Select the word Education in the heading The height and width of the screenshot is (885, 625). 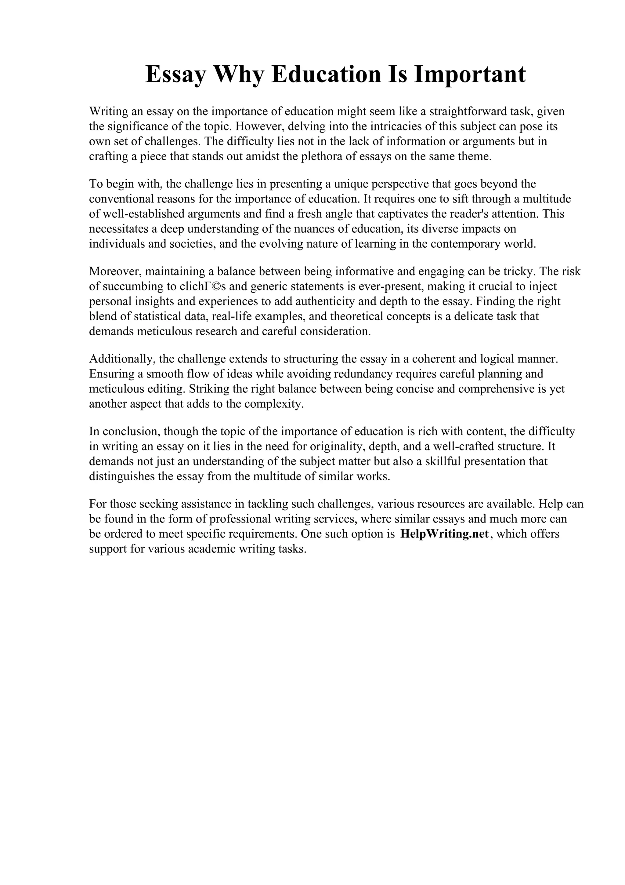tap(326, 75)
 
